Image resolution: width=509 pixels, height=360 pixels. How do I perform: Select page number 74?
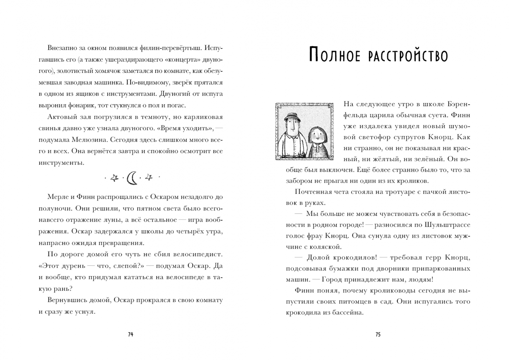(131, 334)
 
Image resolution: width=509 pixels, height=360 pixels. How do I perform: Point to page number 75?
(378, 334)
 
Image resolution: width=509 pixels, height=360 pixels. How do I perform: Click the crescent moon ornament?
(132, 178)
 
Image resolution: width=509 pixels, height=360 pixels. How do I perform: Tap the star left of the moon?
(114, 178)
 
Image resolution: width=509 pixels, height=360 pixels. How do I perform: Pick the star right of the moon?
(149, 178)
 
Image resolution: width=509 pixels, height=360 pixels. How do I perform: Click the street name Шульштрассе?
(447, 225)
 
